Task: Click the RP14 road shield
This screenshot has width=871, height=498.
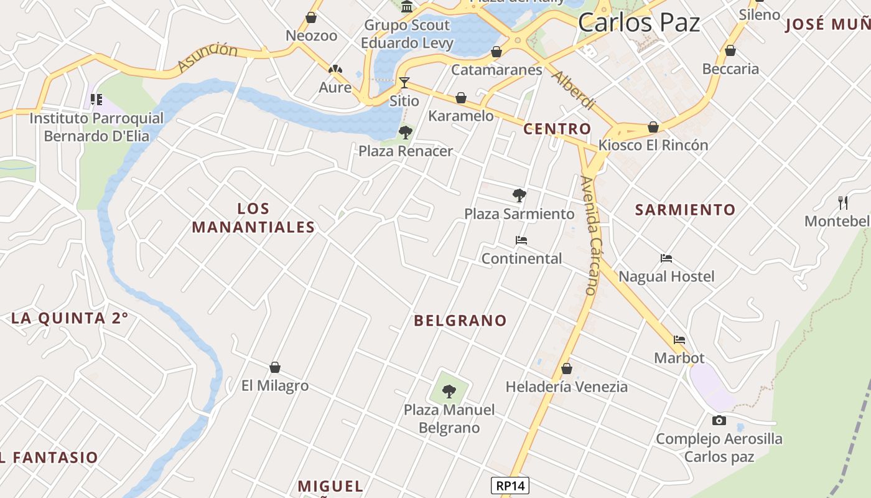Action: coord(510,486)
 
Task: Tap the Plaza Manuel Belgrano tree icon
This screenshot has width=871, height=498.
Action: coord(449,392)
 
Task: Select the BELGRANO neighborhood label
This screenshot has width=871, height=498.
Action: coord(460,321)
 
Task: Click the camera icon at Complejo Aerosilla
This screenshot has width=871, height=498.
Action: coord(719,421)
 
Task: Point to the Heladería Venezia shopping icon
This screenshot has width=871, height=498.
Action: coord(566,369)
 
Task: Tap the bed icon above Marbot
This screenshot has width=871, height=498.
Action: coord(679,340)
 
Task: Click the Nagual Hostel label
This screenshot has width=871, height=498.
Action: coord(666,276)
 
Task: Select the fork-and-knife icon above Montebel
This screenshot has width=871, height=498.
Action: coord(843,202)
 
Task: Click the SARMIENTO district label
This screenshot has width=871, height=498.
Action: coord(685,210)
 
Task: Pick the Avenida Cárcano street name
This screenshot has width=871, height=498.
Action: coord(589,235)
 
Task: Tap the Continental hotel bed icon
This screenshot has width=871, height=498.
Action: coord(521,240)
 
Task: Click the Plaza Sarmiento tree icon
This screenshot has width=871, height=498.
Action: coord(519,195)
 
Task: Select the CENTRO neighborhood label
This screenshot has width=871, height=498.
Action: coord(557,129)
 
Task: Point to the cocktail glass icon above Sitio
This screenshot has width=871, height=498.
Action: coord(404,82)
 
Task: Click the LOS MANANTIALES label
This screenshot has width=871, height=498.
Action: coord(253,218)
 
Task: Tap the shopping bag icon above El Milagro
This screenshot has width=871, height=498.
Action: coord(275,367)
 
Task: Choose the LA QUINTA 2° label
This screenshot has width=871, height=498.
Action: coord(70,318)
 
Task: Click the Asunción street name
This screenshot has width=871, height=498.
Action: coord(207,57)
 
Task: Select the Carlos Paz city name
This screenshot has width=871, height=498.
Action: coord(639,22)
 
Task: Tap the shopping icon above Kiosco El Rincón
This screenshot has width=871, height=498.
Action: coord(653,127)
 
